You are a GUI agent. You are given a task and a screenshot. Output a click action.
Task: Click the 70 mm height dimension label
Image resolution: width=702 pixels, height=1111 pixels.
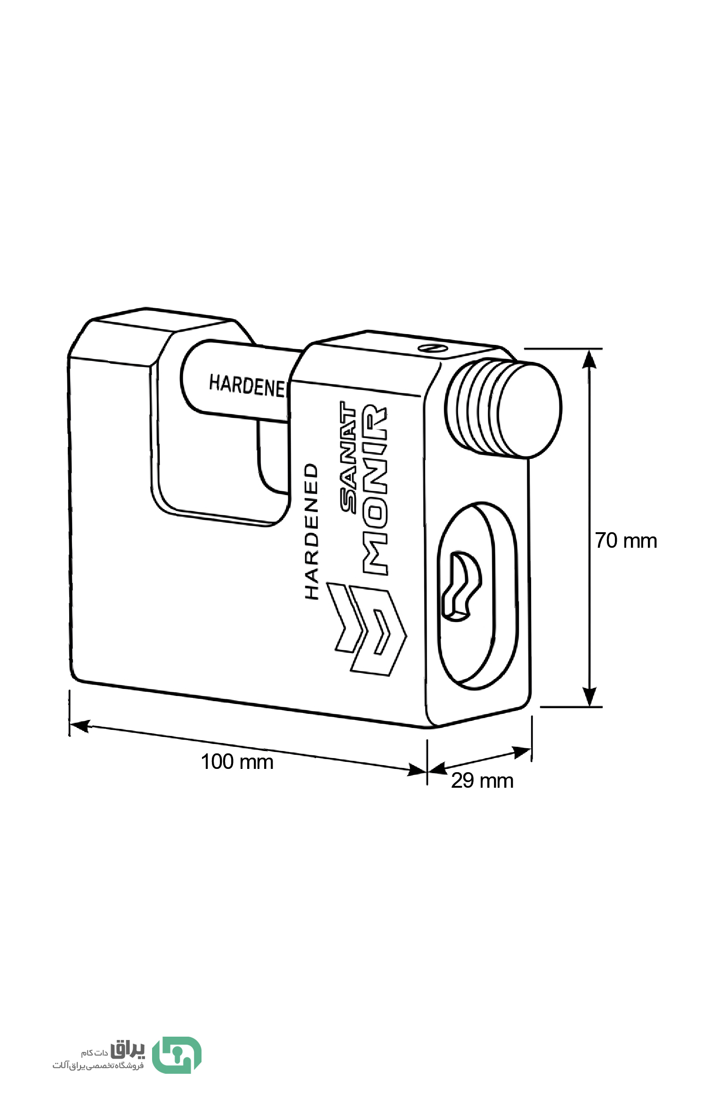click(x=626, y=541)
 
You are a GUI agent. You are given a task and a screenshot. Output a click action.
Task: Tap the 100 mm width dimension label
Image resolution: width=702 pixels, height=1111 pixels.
click(x=237, y=761)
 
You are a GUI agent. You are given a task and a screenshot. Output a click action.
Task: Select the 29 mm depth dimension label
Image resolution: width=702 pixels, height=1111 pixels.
click(x=482, y=780)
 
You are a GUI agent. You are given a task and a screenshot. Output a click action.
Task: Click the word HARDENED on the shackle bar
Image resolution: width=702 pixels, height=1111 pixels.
click(x=248, y=386)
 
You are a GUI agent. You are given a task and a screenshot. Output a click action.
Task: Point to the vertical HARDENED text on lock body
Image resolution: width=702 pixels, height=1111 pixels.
click(x=312, y=531)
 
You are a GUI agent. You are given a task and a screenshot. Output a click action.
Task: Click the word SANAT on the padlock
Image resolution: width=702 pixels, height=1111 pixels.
click(x=348, y=456)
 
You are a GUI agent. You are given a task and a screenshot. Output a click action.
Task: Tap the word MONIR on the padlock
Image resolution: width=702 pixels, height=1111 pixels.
click(x=375, y=489)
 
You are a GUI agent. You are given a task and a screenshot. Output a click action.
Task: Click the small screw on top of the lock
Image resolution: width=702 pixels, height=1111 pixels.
click(x=432, y=348)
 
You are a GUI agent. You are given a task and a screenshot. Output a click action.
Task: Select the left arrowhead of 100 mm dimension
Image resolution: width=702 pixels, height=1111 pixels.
click(x=79, y=726)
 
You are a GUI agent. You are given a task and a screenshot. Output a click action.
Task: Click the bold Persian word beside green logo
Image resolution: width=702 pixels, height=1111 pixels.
click(x=128, y=1049)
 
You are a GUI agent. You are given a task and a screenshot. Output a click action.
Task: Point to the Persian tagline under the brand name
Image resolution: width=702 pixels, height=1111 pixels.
click(x=98, y=1065)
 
